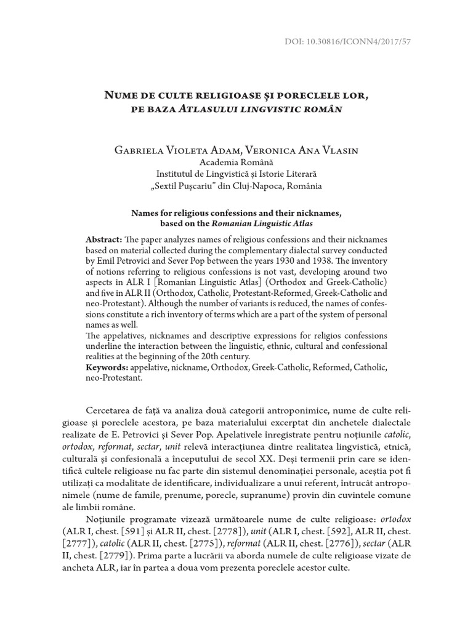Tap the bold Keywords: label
point(106,367)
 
